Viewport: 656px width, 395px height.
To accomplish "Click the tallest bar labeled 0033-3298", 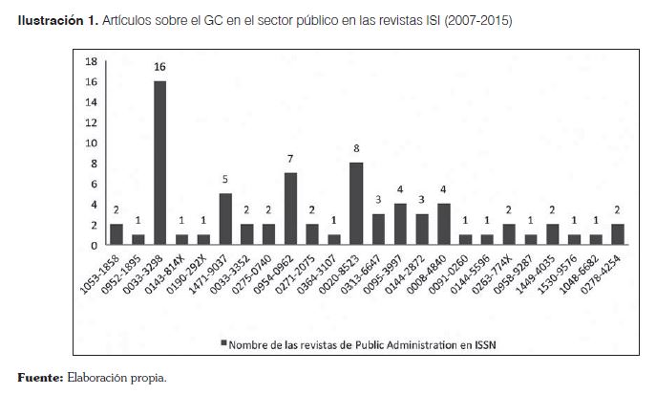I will pos(160,163).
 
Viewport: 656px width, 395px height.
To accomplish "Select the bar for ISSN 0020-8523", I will pos(357,204).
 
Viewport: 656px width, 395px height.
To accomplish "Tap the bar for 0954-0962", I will pos(291,208).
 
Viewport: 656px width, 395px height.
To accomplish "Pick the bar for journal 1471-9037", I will pos(225,219).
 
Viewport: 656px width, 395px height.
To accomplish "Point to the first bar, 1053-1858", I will pos(116,234).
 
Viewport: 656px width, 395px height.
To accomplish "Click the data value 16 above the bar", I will pos(160,68).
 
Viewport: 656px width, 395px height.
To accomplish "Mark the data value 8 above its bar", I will pos(357,149).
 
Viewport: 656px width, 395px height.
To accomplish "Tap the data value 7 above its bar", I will pos(291,160).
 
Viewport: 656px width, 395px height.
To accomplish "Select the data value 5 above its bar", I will pos(225,180).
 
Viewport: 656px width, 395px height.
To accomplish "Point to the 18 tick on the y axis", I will pos(92,61).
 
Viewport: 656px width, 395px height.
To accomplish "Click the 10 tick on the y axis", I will pos(92,143).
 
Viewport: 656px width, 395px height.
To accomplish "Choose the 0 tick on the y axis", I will pos(94,245).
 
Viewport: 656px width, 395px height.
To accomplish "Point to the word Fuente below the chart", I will pos(36,378).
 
